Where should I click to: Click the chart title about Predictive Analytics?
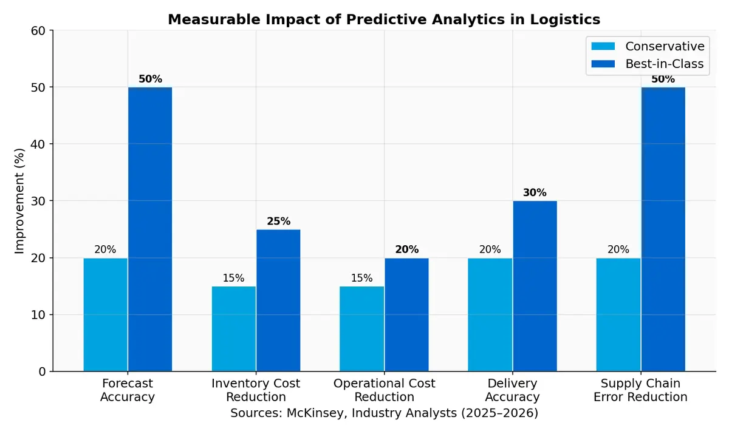click(384, 19)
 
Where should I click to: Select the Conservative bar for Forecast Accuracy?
click(106, 314)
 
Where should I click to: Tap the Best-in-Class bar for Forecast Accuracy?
click(150, 229)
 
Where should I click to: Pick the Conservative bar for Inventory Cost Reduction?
click(234, 328)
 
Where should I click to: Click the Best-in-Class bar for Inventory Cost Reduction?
click(278, 300)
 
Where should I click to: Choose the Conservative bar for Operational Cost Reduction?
click(362, 328)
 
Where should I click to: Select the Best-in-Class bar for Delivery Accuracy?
click(535, 286)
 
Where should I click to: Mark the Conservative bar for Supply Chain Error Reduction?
click(618, 314)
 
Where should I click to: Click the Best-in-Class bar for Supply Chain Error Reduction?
click(663, 229)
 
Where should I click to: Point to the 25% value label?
click(278, 222)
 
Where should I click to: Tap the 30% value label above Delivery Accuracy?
click(535, 193)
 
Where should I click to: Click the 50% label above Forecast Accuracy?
click(150, 80)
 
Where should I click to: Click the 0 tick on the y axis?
click(42, 371)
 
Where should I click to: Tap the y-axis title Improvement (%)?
click(19, 200)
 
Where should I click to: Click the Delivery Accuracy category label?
click(512, 390)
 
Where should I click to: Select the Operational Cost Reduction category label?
click(384, 390)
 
